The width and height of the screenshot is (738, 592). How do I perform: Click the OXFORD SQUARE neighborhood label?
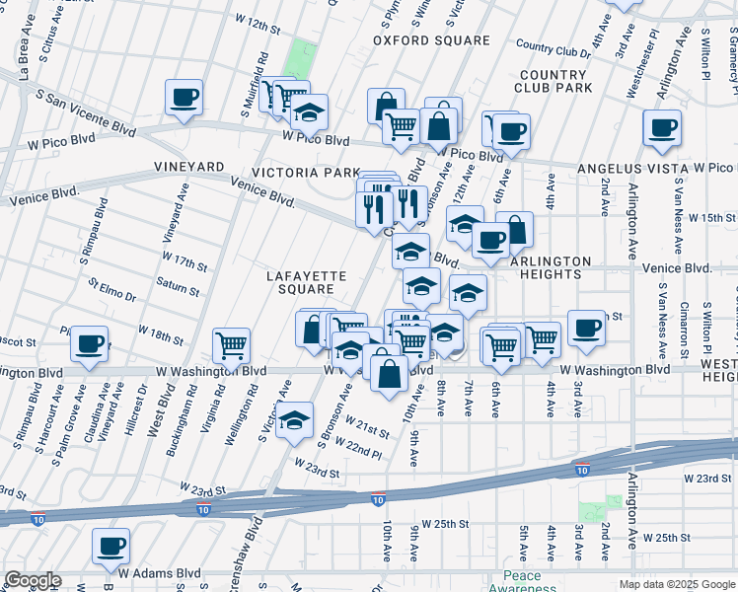(x=431, y=40)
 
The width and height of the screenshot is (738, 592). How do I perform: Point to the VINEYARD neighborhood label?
(x=189, y=169)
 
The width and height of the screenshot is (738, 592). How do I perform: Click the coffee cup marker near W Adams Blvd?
(x=111, y=546)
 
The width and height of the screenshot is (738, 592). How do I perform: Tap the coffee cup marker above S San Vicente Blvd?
(x=184, y=97)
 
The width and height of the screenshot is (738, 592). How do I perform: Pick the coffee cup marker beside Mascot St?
(x=90, y=344)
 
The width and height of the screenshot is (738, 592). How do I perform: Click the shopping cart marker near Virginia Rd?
(x=231, y=345)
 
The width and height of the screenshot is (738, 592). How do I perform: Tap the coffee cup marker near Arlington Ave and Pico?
(x=661, y=127)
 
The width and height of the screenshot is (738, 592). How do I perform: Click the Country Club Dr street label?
(x=552, y=47)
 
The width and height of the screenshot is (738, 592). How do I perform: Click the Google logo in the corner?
(x=32, y=580)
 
